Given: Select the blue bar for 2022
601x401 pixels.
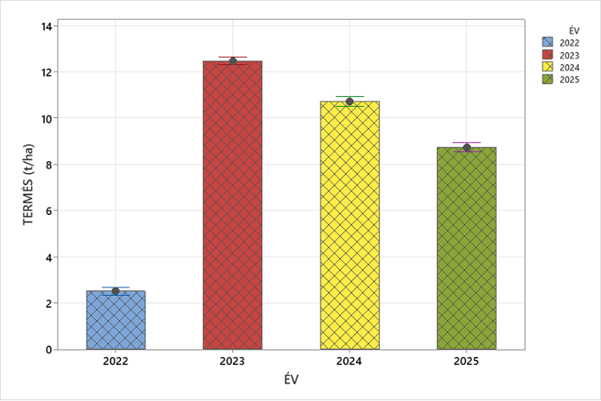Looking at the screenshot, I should point(115,321).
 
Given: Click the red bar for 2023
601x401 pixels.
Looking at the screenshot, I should point(232,205).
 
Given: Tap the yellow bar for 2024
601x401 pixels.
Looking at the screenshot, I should point(349,225).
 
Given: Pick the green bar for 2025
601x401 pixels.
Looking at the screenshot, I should point(466,249).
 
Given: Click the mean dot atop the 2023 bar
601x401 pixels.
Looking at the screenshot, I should point(232,61).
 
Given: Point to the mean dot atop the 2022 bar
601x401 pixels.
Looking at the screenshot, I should point(115,291).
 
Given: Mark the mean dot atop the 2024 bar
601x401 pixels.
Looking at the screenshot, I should point(349,101).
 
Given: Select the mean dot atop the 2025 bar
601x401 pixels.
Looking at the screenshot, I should point(466,148).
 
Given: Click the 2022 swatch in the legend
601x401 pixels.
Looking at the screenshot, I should point(548,43).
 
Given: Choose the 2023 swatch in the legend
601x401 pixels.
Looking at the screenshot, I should point(548,55).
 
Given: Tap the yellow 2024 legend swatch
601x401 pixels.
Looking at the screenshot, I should point(548,67).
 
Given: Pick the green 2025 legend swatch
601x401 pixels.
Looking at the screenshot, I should point(548,79).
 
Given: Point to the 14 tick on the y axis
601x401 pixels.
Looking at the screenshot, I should point(46,26).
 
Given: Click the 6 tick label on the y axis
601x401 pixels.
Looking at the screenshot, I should point(49,211).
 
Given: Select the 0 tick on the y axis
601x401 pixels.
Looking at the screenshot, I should point(49,350).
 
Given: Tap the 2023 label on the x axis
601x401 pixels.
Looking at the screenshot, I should point(232,363).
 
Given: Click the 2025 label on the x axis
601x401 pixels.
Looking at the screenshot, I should point(466,363).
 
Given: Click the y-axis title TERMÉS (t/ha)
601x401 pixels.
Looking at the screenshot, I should point(30,187).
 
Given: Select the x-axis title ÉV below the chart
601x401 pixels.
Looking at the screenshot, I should point(291,380).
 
